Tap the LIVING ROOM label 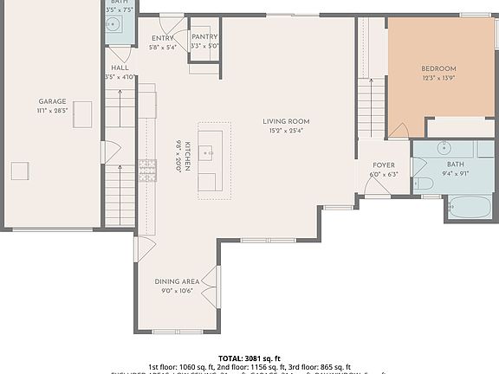[x=286, y=121]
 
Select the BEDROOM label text [x=438, y=68]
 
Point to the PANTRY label [x=204, y=37]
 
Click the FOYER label [x=384, y=164]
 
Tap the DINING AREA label [x=177, y=281]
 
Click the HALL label [x=120, y=68]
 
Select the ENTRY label [x=162, y=38]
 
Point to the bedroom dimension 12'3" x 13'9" [x=438, y=78]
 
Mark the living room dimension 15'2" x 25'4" [x=286, y=132]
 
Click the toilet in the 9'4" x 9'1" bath [x=424, y=183]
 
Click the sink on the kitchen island [x=208, y=152]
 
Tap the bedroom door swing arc [x=399, y=129]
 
